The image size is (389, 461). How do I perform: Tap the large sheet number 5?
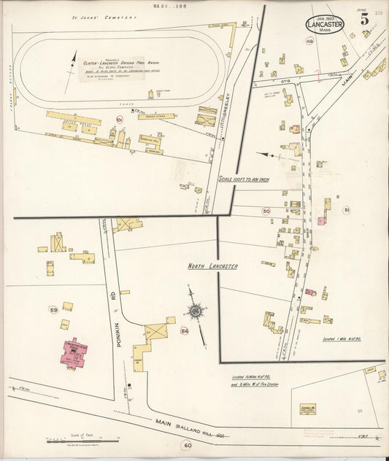point(363,19)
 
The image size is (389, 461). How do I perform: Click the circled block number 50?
point(266,212)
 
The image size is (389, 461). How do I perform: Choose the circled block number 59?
point(53,310)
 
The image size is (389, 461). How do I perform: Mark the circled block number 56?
point(185,331)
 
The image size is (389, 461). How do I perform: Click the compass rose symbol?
point(196,311)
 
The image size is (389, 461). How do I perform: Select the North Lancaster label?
point(212,267)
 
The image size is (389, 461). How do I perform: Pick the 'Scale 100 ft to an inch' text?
point(253,179)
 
